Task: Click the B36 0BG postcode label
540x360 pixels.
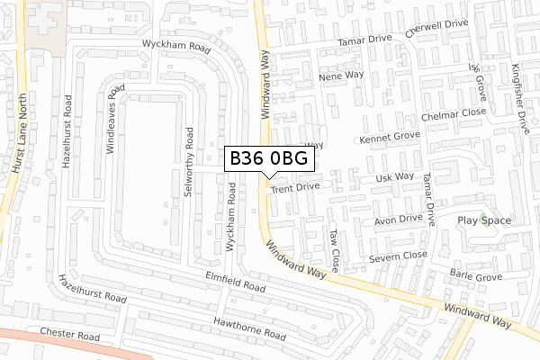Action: pyautogui.click(x=269, y=158)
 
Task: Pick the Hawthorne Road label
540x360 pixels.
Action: pyautogui.click(x=249, y=328)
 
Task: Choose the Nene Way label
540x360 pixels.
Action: pyautogui.click(x=341, y=77)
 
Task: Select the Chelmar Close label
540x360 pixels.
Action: pyautogui.click(x=454, y=114)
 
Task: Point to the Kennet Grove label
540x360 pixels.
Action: pyautogui.click(x=390, y=138)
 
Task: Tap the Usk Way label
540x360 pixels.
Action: pyautogui.click(x=394, y=177)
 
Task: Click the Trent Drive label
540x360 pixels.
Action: pyautogui.click(x=295, y=189)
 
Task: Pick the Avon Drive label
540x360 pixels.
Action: pyautogui.click(x=398, y=219)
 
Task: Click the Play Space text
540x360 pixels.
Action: pyautogui.click(x=484, y=220)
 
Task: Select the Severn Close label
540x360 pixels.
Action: pyautogui.click(x=397, y=256)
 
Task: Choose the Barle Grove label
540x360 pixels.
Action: pyautogui.click(x=476, y=277)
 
